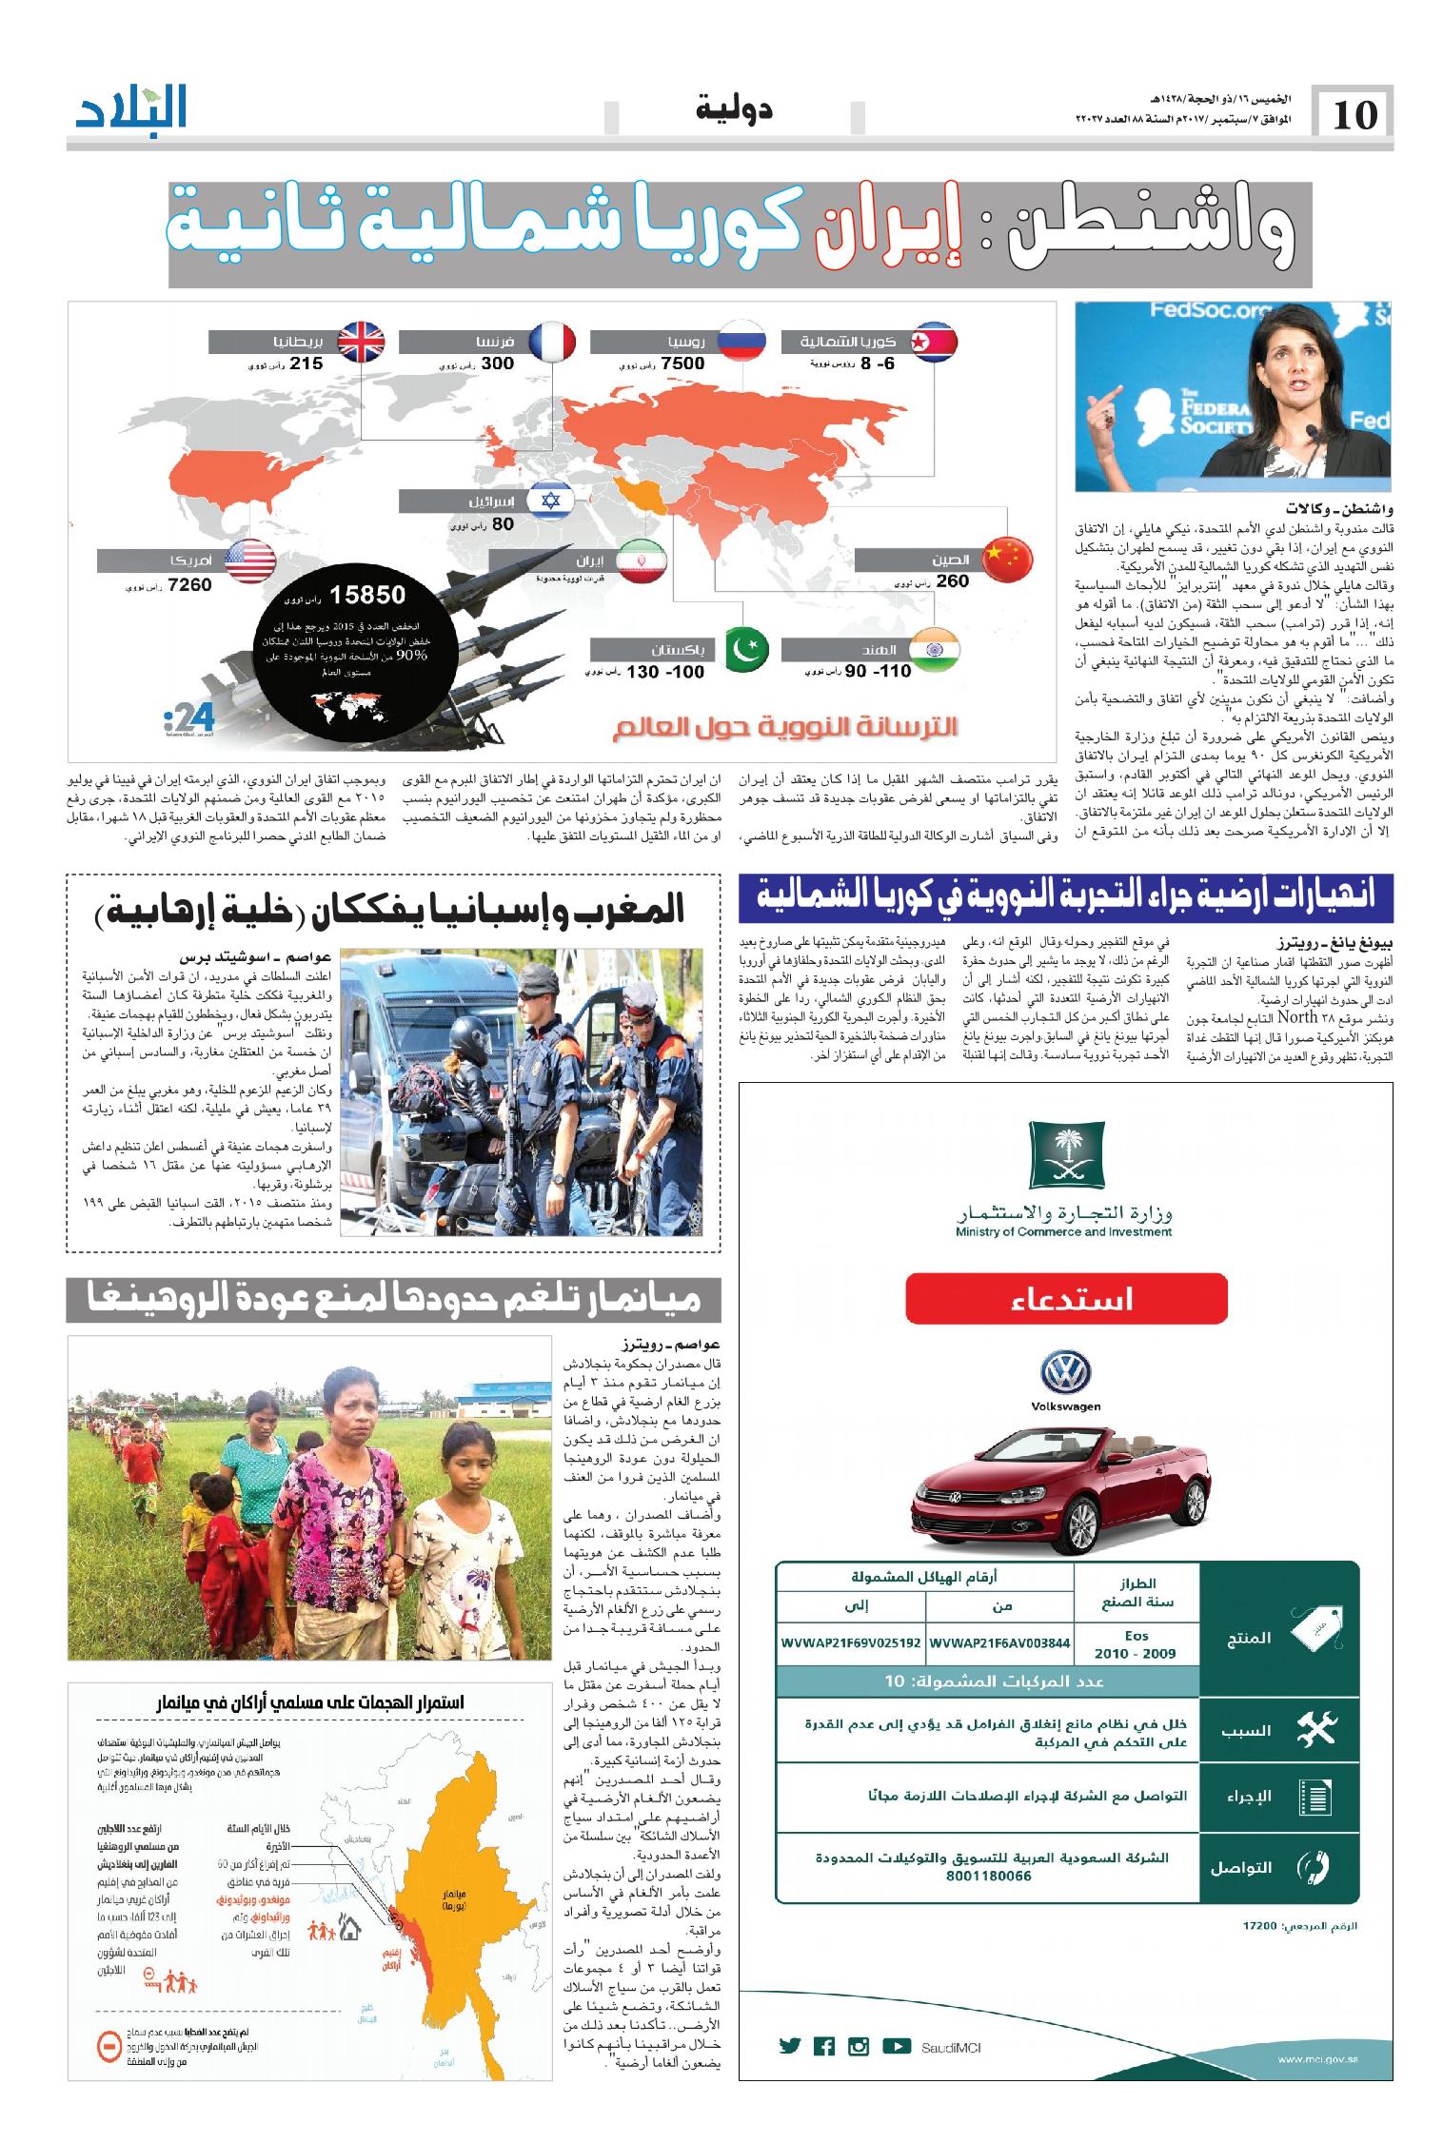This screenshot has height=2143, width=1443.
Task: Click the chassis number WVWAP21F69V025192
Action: click(850, 1642)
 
